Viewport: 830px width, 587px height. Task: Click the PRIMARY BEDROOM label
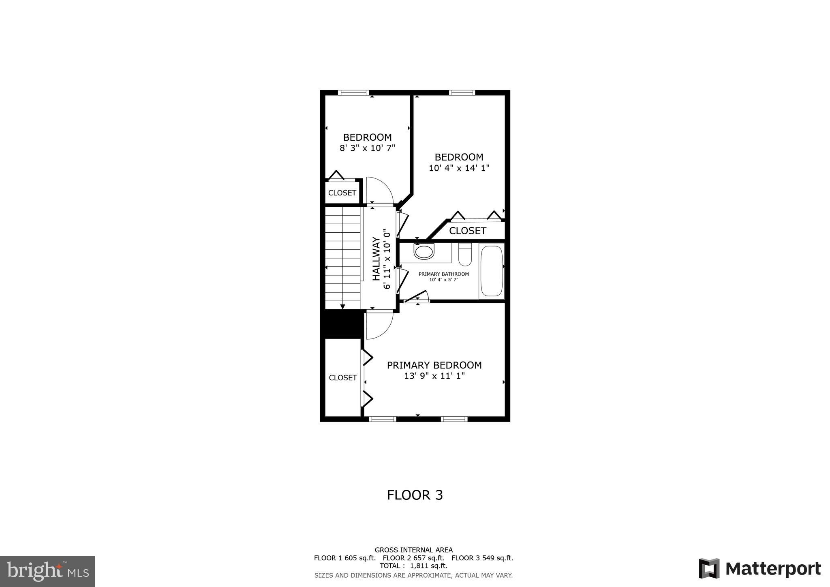click(434, 365)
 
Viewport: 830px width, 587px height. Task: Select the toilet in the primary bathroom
click(465, 255)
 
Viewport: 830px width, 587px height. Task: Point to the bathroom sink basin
click(424, 251)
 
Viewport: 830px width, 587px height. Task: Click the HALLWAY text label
click(376, 259)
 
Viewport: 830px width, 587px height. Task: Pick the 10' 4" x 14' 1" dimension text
click(459, 168)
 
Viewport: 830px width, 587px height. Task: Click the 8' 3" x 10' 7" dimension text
click(367, 148)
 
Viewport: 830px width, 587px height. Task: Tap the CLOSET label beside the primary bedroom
click(342, 377)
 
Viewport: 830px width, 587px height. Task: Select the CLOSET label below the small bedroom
click(342, 193)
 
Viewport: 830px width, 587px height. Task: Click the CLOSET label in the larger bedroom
click(467, 231)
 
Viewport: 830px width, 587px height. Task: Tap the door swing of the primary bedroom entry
click(379, 326)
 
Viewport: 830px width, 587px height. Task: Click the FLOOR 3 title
click(415, 495)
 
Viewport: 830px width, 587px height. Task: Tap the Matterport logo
click(760, 569)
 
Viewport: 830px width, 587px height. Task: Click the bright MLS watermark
click(48, 571)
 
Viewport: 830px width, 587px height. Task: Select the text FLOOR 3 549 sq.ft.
click(482, 558)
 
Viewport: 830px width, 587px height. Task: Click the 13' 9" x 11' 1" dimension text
click(434, 376)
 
